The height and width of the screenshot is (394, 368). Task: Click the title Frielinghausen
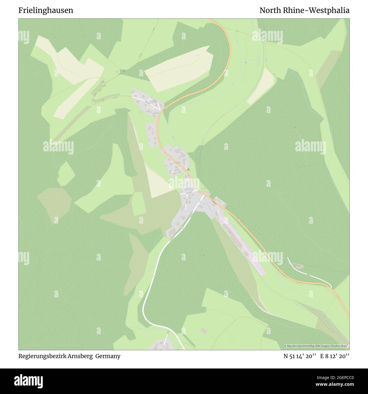(46, 10)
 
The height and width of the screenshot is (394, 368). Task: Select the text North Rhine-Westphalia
(304, 10)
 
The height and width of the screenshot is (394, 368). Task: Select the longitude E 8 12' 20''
(335, 356)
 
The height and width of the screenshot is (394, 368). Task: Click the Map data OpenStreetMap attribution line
(316, 346)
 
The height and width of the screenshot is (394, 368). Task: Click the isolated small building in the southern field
(204, 331)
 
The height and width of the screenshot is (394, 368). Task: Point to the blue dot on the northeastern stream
(246, 62)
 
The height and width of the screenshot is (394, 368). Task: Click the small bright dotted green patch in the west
(66, 173)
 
